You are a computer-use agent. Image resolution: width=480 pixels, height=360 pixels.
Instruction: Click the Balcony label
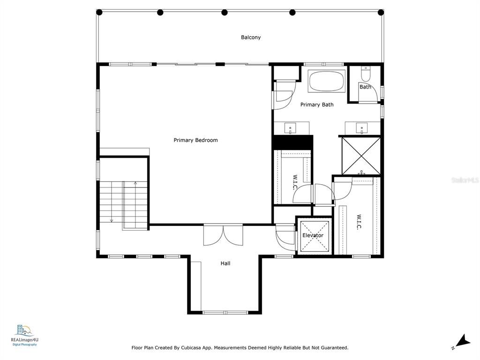coord(251,37)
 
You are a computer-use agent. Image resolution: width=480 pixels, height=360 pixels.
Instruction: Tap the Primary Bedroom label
coord(195,140)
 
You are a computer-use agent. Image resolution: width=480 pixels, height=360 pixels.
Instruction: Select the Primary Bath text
coord(317,105)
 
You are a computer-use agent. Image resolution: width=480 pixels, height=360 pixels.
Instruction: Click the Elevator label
coord(313,235)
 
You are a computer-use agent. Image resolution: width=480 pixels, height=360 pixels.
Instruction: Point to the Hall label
coord(225,263)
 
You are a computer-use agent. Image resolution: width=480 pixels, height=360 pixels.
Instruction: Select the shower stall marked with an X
coord(361,156)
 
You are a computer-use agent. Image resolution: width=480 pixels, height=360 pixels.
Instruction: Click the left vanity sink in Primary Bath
coord(290,128)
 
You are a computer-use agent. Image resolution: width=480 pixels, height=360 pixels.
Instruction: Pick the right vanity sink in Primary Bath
coord(362,128)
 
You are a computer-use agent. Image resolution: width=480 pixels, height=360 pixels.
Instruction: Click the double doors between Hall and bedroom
coord(223,235)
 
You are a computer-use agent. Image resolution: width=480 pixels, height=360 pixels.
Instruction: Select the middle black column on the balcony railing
coord(225,13)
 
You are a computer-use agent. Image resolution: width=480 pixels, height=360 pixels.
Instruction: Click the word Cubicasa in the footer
coord(191,348)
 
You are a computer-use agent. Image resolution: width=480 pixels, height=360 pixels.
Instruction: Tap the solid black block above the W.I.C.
coord(292,142)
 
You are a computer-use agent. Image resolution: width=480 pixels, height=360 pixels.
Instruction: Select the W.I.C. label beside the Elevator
coord(359,222)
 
